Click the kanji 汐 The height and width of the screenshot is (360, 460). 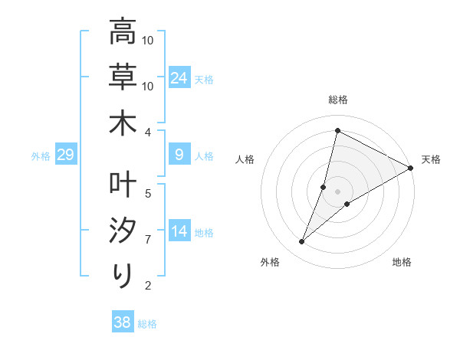pyautogui.click(x=122, y=231)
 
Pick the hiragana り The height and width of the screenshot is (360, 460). pyautogui.click(x=123, y=275)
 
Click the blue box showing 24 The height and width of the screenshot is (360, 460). pyautogui.click(x=179, y=78)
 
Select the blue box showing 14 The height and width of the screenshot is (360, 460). pyautogui.click(x=179, y=232)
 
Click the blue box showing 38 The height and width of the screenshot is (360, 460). pyautogui.click(x=122, y=322)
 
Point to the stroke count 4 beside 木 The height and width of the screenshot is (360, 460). pyautogui.click(x=149, y=131)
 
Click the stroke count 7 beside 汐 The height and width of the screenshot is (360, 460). pyautogui.click(x=149, y=240)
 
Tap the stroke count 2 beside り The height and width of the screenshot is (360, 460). pyautogui.click(x=149, y=286)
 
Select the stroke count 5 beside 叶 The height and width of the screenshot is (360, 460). pyautogui.click(x=149, y=193)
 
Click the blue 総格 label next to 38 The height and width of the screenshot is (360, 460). pyautogui.click(x=147, y=324)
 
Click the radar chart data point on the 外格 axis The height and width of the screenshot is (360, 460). pyautogui.click(x=302, y=242)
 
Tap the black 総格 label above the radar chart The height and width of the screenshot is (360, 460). pyautogui.click(x=338, y=100)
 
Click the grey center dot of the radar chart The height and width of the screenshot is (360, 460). pyautogui.click(x=338, y=191)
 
